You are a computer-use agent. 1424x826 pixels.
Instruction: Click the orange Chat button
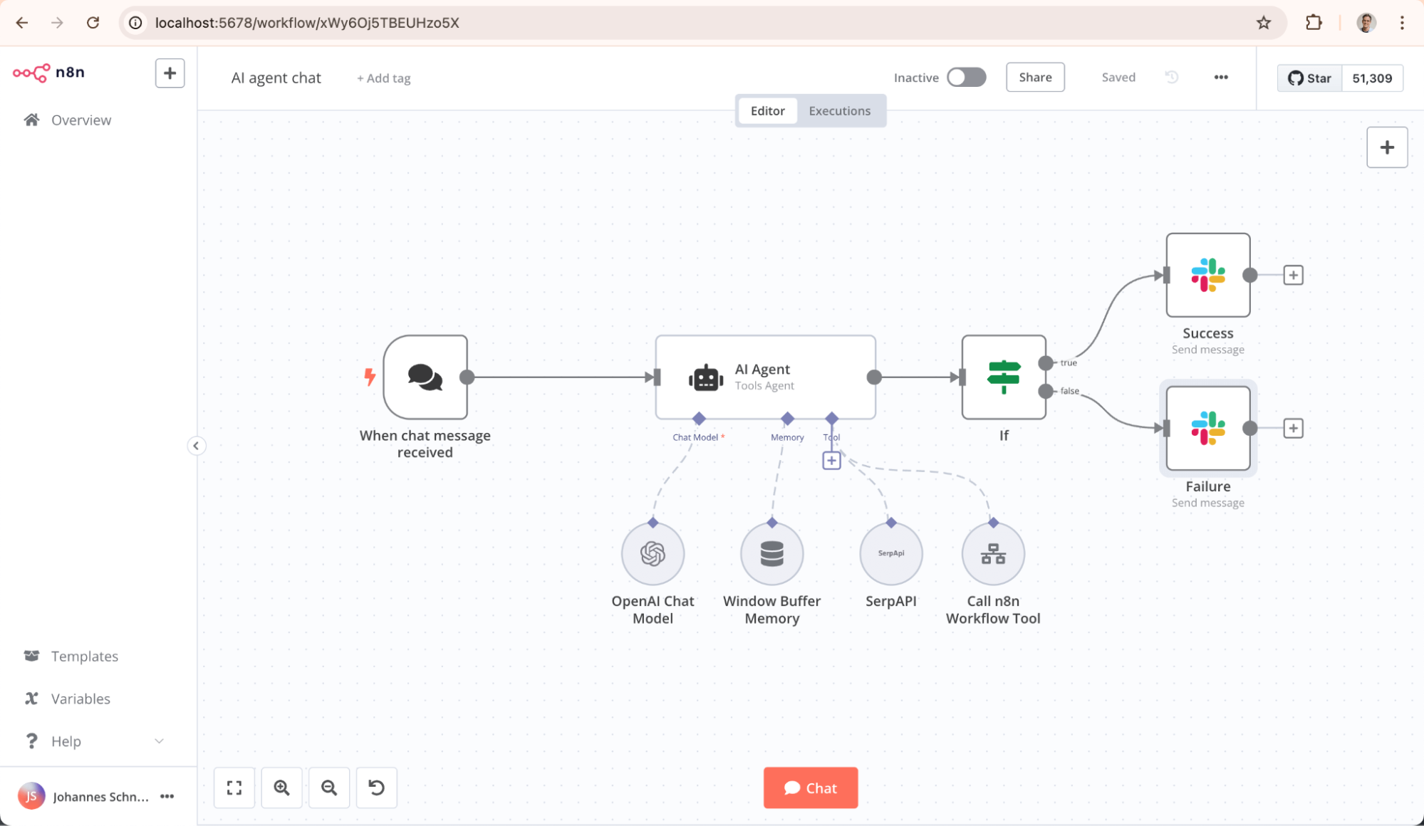coord(810,788)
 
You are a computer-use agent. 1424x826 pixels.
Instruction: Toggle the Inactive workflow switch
coord(966,77)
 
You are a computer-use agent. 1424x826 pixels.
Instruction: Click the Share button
coord(1034,77)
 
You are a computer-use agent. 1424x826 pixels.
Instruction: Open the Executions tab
coord(839,110)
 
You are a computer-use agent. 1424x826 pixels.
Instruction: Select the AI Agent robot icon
coord(705,377)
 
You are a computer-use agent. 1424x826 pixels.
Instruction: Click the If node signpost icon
coord(1003,377)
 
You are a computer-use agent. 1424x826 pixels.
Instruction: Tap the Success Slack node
coord(1207,275)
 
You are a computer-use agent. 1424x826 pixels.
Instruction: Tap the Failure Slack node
coord(1207,428)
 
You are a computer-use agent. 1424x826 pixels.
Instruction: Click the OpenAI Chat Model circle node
coord(653,553)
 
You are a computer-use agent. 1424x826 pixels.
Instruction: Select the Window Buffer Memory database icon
coord(771,553)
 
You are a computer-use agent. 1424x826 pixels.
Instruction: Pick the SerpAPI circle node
coord(890,553)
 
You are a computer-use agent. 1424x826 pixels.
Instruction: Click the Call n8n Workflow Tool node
coord(992,553)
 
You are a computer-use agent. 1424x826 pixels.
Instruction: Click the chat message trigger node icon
coord(425,377)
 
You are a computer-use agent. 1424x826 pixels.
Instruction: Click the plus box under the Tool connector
coord(831,461)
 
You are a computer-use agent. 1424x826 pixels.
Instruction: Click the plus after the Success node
coord(1293,275)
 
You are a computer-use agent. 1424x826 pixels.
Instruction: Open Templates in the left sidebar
coord(84,656)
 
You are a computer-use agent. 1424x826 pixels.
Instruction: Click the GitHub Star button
coord(1309,78)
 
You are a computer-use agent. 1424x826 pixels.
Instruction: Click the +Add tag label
coord(384,78)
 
